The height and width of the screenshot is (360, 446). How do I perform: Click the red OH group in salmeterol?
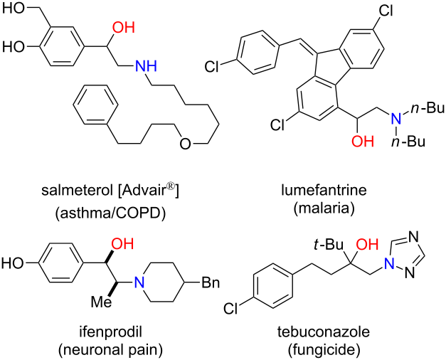pyautogui.click(x=123, y=28)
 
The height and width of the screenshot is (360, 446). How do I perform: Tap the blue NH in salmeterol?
pyautogui.click(x=144, y=68)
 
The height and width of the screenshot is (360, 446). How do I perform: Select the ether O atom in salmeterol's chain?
pyautogui.click(x=184, y=145)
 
